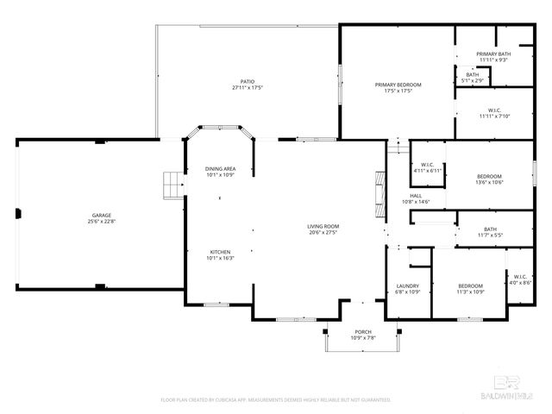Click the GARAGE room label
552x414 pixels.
(x=102, y=215)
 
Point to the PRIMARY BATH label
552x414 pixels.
(x=492, y=54)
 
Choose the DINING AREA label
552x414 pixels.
(x=220, y=168)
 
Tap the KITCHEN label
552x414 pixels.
(x=220, y=252)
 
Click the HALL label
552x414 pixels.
(x=416, y=196)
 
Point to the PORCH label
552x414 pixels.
(x=363, y=332)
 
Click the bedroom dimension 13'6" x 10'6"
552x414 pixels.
(x=489, y=182)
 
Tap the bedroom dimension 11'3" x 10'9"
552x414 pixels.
(x=470, y=292)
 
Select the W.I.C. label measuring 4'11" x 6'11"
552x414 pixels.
(x=427, y=171)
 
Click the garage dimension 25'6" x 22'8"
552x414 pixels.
(x=102, y=221)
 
